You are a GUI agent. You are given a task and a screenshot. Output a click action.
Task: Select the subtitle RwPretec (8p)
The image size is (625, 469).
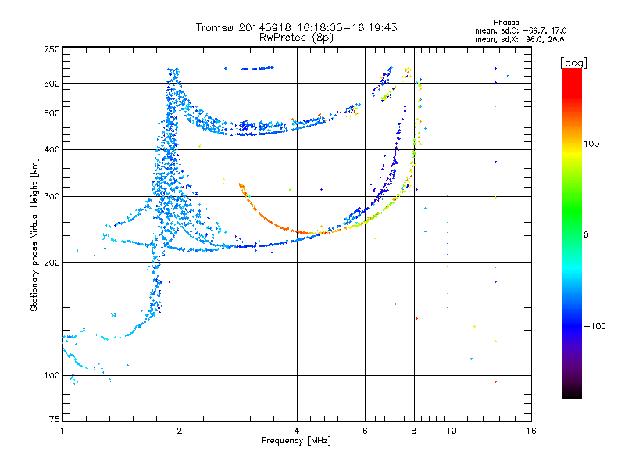point(296,38)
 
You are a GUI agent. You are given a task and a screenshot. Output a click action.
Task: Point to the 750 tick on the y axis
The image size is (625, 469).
point(52,49)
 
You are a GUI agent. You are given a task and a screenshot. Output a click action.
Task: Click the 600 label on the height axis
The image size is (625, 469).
point(52,84)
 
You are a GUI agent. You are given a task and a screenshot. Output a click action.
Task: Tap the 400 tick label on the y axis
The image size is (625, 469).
point(52,149)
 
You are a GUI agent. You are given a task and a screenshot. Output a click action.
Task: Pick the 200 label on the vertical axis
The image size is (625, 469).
point(52,263)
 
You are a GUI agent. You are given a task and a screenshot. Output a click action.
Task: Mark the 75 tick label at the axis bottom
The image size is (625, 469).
point(55,419)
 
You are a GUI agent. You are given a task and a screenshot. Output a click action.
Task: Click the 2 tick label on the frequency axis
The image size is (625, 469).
point(180,431)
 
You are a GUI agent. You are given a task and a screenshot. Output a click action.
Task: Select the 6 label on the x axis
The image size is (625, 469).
point(365,431)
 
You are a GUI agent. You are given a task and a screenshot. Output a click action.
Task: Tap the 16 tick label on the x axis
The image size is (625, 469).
point(531,431)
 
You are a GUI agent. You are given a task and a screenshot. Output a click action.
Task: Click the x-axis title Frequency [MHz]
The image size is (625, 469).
point(296,441)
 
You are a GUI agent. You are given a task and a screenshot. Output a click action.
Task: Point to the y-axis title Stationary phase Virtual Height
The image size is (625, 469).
point(34,234)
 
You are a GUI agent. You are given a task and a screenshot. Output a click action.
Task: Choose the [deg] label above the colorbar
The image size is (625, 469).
point(573,63)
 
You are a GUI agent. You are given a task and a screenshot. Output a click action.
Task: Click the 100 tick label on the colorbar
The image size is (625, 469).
point(591,144)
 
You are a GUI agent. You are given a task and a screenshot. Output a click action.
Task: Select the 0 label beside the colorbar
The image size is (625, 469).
point(586,235)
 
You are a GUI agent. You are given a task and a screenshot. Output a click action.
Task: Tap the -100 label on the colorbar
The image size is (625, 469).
point(595,326)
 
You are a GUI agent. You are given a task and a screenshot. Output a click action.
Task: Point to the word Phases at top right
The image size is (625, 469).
point(505,23)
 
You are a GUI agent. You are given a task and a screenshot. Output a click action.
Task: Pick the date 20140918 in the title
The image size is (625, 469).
point(265,27)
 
